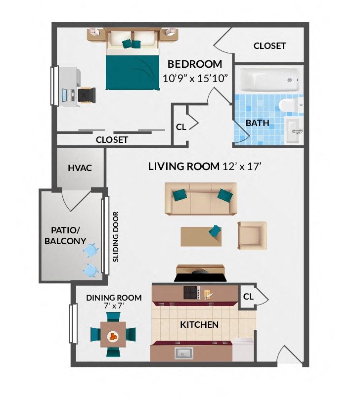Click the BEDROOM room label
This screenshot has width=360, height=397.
coord(194,64)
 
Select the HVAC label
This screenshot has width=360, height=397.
coord(80,168)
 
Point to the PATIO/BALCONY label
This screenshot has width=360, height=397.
coord(65,235)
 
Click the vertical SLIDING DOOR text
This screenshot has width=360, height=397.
coord(116,237)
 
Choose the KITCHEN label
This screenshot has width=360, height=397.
coord(199,325)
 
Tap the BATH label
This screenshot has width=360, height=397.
coord(258,123)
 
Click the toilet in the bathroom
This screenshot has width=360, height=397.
coord(289,104)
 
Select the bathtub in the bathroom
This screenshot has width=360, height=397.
coord(270,80)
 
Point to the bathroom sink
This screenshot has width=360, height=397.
coord(293,131)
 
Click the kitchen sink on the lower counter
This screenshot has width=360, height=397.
coord(183,353)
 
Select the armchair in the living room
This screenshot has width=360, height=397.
coord(252,235)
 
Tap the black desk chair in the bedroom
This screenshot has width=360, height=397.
coord(87,95)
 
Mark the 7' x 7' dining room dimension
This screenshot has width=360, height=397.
coord(114,306)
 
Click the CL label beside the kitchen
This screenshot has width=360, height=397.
coord(248,297)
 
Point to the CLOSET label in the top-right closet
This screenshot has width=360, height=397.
coord(270,46)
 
